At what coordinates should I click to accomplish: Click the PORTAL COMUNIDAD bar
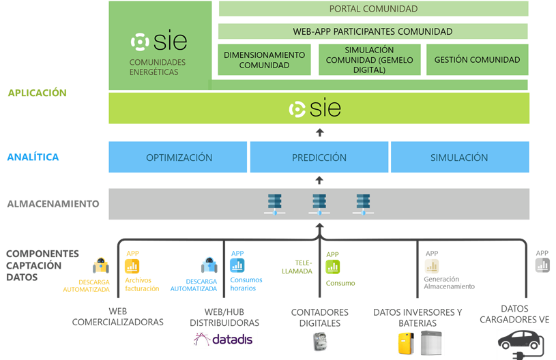coord(373,9)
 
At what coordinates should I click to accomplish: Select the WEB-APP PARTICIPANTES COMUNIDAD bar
coord(372,31)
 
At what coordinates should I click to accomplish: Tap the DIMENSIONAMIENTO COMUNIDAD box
coord(264,60)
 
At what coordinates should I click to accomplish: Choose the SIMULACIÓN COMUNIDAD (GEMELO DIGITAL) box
coord(369,60)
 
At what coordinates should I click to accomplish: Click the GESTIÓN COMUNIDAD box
coord(477,60)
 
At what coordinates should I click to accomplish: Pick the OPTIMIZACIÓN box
coord(179,157)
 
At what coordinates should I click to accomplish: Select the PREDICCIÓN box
coord(319,157)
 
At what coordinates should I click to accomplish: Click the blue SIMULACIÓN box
coord(459,157)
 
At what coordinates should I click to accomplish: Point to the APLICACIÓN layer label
coord(37,93)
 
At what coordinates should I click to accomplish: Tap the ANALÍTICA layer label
coord(33,157)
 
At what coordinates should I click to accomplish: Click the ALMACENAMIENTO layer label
coord(53,203)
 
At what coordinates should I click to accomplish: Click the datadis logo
coord(224,339)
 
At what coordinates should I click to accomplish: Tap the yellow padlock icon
coord(100,265)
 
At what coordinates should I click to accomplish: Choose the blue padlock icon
coord(208,265)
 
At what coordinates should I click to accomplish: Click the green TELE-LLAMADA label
coord(304,267)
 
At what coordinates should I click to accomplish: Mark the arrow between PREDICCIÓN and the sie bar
coord(319,132)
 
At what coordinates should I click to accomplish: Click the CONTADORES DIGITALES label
coord(320,317)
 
